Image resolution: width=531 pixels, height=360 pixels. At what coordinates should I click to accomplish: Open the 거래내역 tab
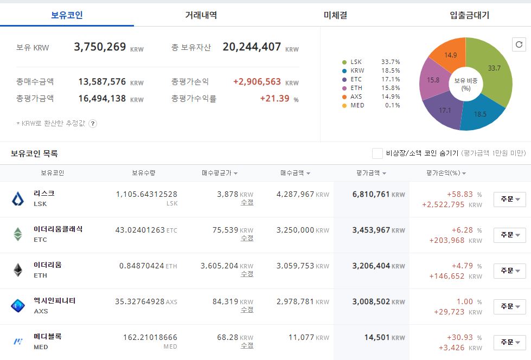201,15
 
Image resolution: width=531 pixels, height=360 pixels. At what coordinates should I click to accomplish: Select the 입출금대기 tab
469,15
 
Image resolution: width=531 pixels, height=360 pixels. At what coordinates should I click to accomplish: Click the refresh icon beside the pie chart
519,44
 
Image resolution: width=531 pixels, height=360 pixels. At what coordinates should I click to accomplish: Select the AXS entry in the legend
356,97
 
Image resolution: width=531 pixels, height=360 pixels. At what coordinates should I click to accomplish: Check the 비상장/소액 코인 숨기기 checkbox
378,153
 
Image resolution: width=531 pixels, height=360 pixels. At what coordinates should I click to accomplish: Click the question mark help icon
92,124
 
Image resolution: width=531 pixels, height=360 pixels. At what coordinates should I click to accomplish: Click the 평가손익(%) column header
446,173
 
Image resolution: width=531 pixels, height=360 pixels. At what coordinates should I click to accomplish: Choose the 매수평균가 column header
220,173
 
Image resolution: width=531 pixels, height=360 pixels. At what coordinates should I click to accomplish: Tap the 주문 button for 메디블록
510,342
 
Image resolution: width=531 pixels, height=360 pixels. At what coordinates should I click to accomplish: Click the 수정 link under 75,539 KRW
247,238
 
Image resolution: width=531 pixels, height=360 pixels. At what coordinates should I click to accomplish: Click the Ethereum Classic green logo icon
17,234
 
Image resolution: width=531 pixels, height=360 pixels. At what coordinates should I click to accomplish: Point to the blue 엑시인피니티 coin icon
17,306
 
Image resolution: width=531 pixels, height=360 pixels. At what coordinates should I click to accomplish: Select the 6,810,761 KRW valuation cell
379,195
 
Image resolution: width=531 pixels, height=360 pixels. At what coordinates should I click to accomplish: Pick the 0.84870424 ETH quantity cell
148,266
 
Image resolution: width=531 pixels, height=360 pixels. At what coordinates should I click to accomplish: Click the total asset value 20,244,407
252,47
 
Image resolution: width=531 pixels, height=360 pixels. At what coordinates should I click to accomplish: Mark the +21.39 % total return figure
279,99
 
